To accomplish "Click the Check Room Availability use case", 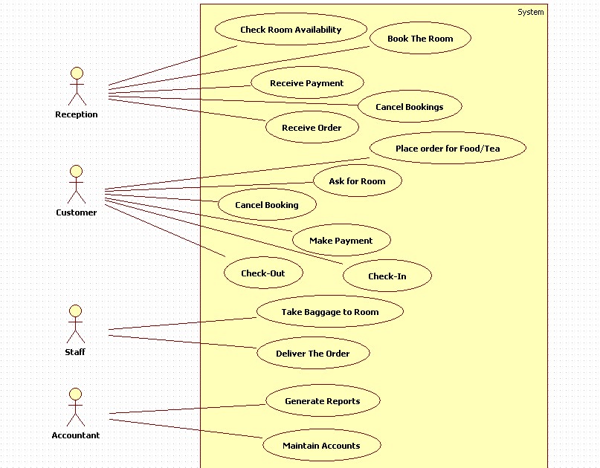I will [291, 30].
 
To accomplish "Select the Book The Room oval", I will [420, 39].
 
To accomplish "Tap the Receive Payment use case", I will [307, 83].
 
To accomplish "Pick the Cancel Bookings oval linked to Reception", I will [409, 107].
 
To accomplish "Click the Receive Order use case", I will [312, 128].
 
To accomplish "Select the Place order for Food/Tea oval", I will [448, 149].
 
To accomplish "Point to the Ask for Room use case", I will [357, 181].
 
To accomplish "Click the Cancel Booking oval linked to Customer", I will [267, 205].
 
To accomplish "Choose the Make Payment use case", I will [341, 241].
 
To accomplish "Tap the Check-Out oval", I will [263, 273].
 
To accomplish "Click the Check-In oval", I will [387, 276].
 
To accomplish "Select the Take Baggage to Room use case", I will [329, 312].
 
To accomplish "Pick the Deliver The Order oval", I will [313, 354].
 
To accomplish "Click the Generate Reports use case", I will [323, 401].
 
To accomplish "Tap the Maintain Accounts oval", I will [321, 446].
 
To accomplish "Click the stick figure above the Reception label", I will [77, 86].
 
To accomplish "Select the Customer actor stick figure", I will [77, 184].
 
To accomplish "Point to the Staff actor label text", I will [75, 352].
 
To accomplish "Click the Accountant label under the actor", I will [75, 435].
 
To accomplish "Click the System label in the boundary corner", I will [530, 12].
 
